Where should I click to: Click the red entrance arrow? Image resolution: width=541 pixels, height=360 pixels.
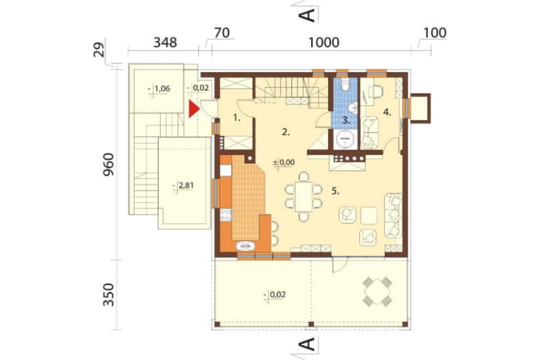pyautogui.click(x=194, y=109)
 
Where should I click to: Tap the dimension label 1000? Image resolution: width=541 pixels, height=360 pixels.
pyautogui.click(x=324, y=42)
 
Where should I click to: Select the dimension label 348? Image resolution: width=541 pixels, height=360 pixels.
pyautogui.click(x=165, y=42)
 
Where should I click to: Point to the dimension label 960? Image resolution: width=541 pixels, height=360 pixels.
pyautogui.click(x=108, y=164)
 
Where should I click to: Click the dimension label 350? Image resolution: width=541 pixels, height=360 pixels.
pyautogui.click(x=108, y=295)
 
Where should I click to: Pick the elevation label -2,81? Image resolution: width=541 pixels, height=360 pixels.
pyautogui.click(x=183, y=186)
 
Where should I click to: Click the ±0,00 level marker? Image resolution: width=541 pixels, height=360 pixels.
pyautogui.click(x=283, y=162)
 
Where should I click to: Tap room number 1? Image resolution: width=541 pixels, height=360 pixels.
pyautogui.click(x=236, y=118)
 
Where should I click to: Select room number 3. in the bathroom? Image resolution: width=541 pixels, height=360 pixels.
pyautogui.click(x=346, y=121)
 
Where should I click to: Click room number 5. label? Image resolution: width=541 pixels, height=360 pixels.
pyautogui.click(x=335, y=191)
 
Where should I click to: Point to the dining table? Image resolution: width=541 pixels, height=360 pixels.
pyautogui.click(x=304, y=197)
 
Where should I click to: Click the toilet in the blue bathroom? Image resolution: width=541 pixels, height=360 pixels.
pyautogui.click(x=345, y=84)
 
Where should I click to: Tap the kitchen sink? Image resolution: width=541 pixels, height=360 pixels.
pyautogui.click(x=245, y=246)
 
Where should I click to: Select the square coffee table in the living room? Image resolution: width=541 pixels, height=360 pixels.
pyautogui.click(x=369, y=216)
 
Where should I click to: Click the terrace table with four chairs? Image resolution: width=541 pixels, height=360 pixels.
pyautogui.click(x=377, y=291)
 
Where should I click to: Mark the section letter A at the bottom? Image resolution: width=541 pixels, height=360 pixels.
pyautogui.click(x=308, y=344)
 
